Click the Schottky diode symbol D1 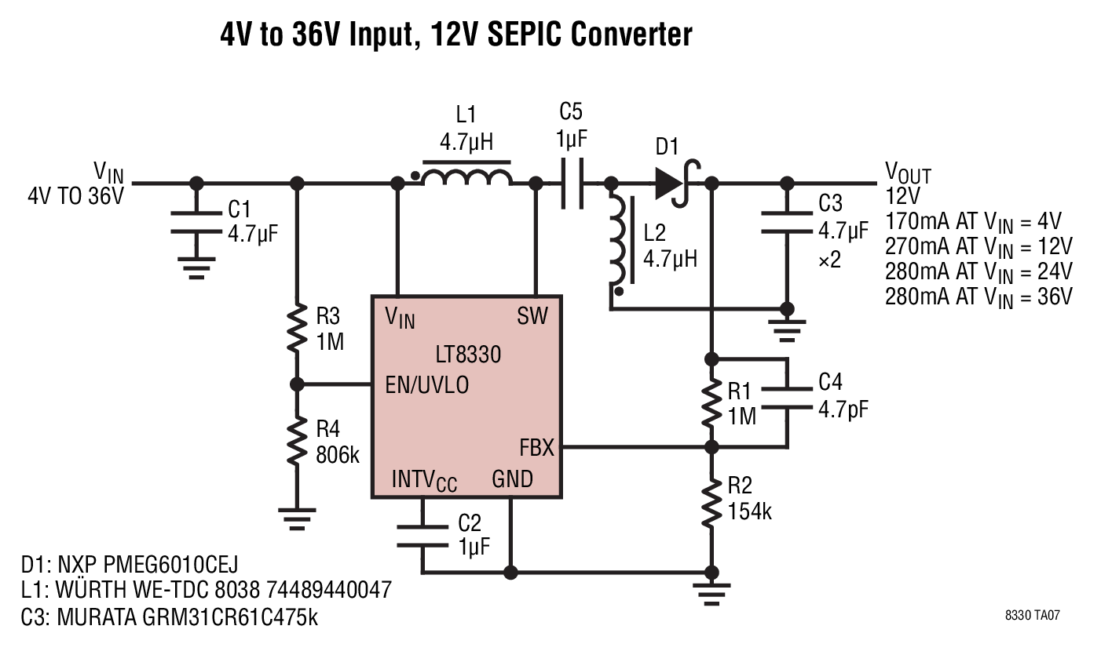(677, 183)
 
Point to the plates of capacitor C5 (572, 183)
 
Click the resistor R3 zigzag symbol (297, 328)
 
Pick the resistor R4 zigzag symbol (297, 440)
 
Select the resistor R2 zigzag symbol (711, 503)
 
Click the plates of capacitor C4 (787, 398)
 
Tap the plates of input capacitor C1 (196, 223)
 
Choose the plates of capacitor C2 (422, 537)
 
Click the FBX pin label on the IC (536, 448)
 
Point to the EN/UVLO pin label (426, 385)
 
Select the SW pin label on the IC (532, 316)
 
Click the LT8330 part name (468, 355)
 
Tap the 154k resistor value (749, 511)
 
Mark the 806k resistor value (338, 455)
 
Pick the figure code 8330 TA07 (1032, 615)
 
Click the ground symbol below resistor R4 (297, 519)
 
